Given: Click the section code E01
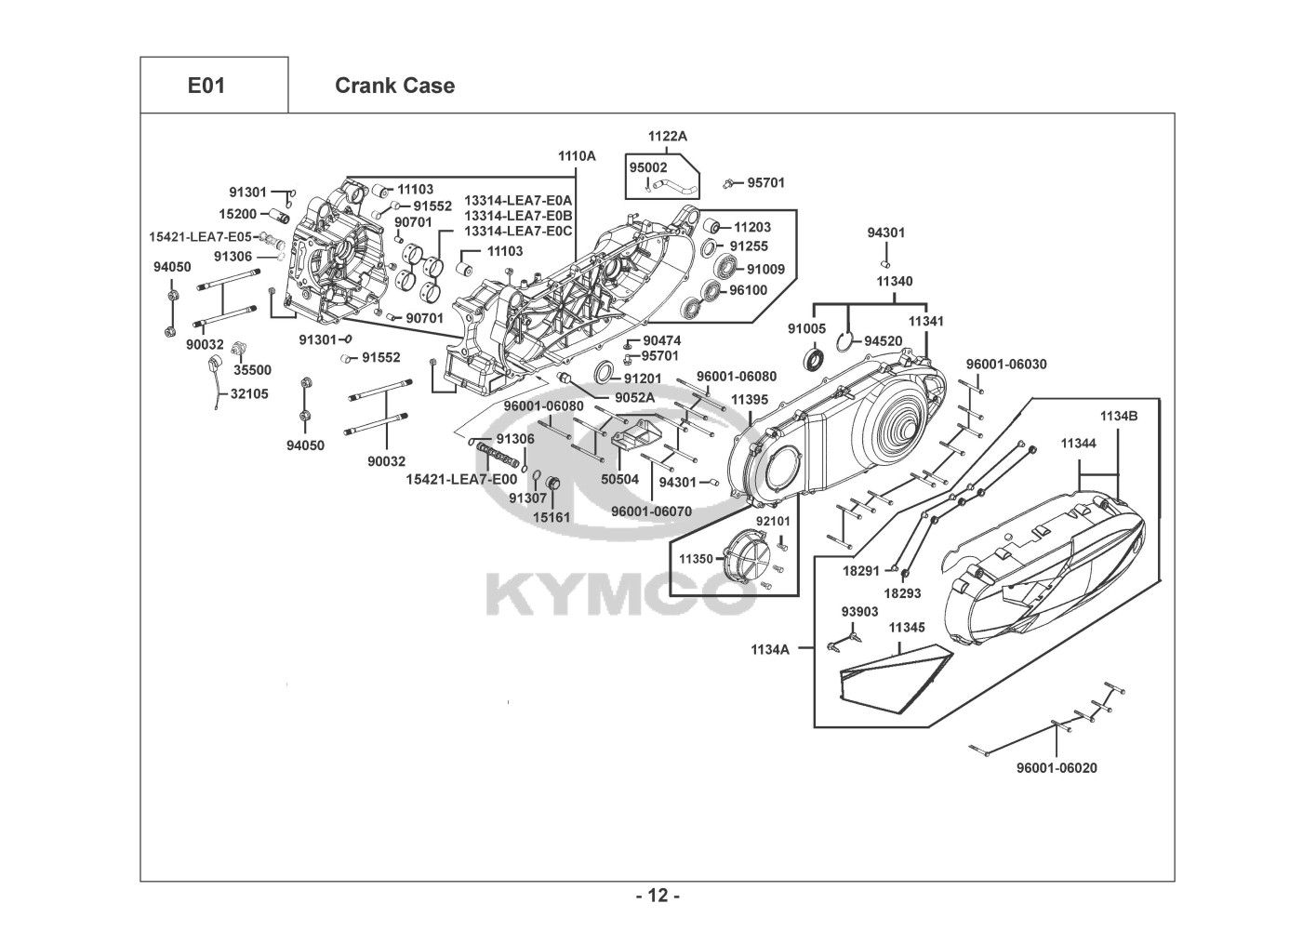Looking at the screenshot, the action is point(206,86).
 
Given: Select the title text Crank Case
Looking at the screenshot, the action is point(394,86).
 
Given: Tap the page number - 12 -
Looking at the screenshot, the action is point(658,896).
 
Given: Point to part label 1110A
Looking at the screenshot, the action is point(577,155).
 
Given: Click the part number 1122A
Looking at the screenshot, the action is point(668,136).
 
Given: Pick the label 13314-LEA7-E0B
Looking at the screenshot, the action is point(518,216).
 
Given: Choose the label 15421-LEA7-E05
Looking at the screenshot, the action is point(200,237).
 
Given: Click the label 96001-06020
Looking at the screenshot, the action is point(1057,768).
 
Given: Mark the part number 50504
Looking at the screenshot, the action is point(619,479).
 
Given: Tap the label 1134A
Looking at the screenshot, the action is point(770,650).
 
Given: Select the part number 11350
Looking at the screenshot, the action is point(697,559).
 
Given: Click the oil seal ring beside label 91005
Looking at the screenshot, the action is point(815,360).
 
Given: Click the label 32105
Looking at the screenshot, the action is point(249,393).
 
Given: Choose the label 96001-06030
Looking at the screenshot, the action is point(1006,365).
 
